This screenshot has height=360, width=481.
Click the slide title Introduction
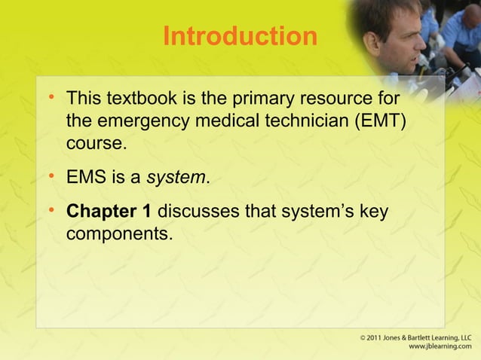tap(240, 35)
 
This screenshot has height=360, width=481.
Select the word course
tap(93, 142)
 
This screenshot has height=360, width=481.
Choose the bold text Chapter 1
tap(109, 212)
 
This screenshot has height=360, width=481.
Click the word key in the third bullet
tap(373, 212)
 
